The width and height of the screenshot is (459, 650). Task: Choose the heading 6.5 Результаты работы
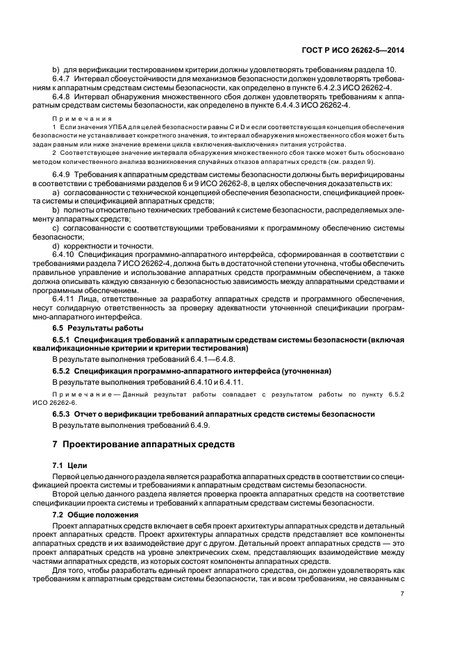coord(99,326)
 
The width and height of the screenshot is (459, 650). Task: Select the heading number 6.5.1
coord(63,338)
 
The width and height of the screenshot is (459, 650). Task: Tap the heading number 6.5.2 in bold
coord(63,372)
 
